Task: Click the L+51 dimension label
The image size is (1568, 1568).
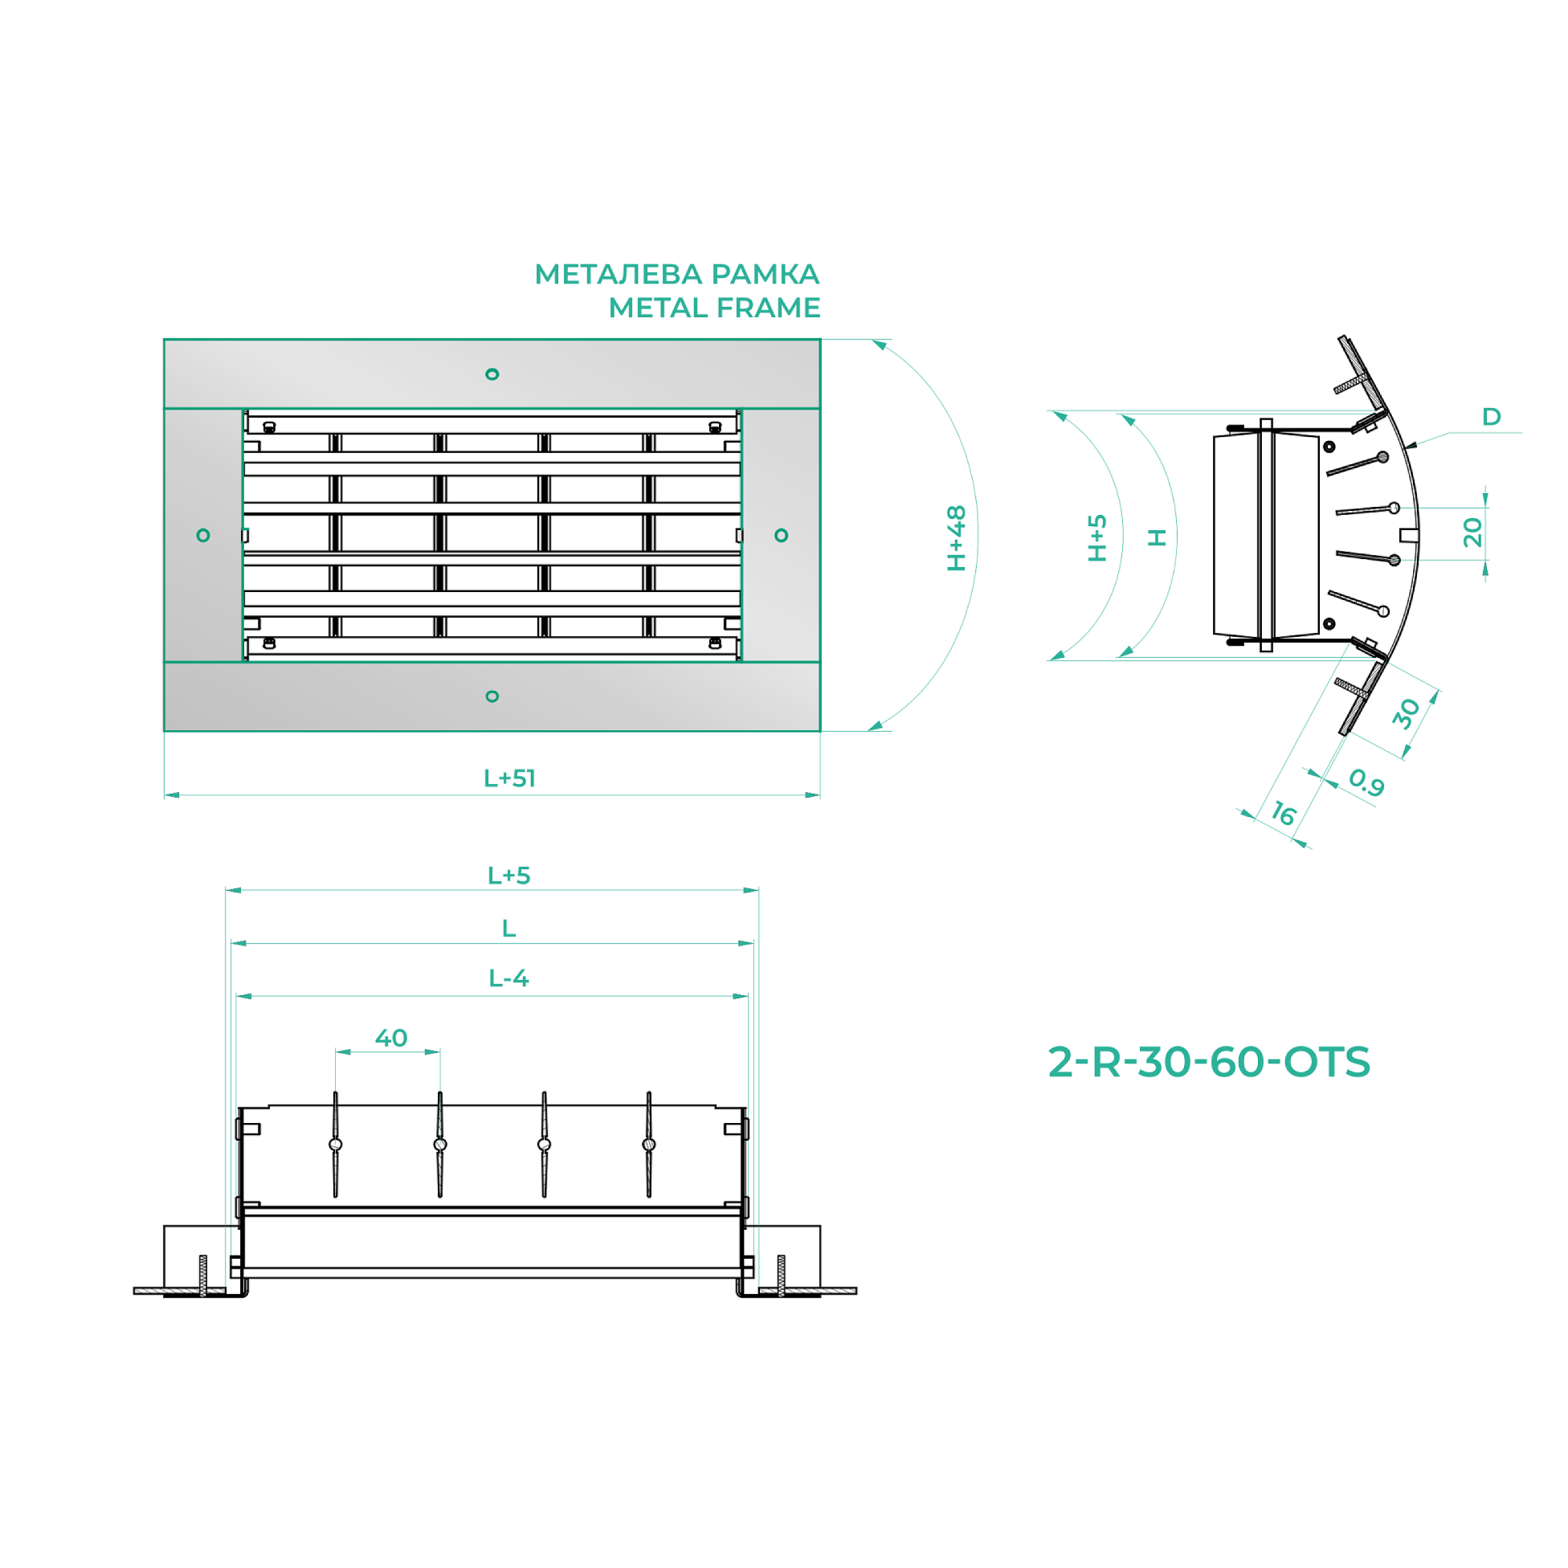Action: [510, 778]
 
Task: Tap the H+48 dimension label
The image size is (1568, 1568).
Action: [957, 538]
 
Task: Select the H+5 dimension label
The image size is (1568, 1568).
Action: [1097, 538]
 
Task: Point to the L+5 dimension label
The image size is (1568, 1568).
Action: [508, 876]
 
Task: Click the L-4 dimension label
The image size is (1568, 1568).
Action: [508, 978]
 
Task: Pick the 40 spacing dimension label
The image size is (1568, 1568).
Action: [391, 1038]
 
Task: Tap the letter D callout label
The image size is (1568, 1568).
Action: [1492, 416]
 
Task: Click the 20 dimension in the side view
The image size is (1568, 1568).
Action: [1473, 533]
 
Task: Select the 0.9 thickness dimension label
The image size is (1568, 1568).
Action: [1366, 782]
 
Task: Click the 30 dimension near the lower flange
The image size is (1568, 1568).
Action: [1407, 714]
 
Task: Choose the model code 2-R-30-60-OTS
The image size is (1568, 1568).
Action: [1209, 1062]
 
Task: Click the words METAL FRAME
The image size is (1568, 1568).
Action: [714, 308]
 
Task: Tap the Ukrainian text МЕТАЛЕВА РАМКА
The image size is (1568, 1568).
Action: [677, 274]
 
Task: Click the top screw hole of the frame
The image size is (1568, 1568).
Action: [492, 374]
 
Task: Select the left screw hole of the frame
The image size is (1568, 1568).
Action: [203, 535]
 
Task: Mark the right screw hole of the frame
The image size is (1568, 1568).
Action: [782, 535]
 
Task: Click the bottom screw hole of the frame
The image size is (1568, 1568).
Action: [492, 696]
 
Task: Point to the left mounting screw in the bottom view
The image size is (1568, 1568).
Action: [203, 1276]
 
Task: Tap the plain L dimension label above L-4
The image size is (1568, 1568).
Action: [508, 928]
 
